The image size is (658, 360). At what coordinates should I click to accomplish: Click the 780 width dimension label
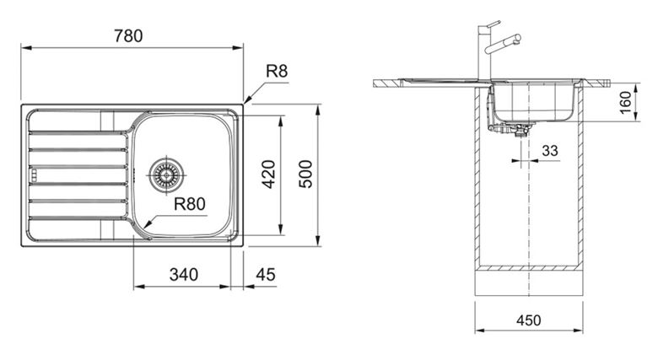tap(128, 36)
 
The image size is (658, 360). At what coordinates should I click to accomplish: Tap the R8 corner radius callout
tap(277, 72)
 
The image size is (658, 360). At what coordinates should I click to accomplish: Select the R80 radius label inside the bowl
tap(190, 204)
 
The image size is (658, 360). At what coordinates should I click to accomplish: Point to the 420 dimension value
tap(269, 175)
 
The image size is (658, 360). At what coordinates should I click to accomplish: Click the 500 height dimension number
tap(306, 175)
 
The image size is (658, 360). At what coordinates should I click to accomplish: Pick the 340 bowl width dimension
tap(183, 275)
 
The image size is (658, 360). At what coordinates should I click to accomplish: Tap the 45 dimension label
tap(266, 275)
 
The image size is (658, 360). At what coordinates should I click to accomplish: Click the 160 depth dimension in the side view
tap(625, 102)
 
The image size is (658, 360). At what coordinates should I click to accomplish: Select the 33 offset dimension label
tap(550, 150)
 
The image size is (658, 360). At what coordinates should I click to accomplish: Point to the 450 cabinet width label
tap(529, 320)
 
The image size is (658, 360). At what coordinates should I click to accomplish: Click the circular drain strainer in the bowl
tap(166, 175)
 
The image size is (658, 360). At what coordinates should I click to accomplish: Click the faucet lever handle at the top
tap(493, 24)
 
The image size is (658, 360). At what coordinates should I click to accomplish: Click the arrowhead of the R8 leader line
tap(246, 100)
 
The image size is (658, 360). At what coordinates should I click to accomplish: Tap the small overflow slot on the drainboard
tap(33, 175)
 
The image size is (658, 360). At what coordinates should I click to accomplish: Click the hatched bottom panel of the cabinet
tap(529, 268)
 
